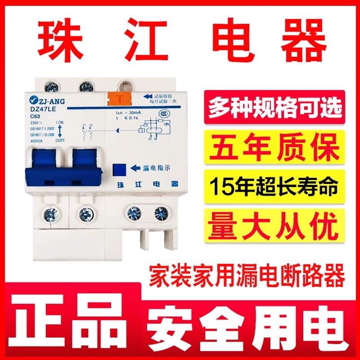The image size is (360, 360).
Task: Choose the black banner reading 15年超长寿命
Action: [x=274, y=185]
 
